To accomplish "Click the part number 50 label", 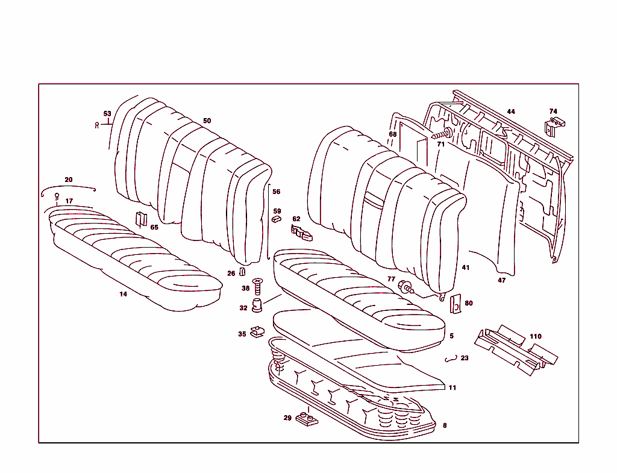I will coord(207,121).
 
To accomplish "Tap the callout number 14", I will coord(123,294).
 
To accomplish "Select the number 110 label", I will coord(535,336).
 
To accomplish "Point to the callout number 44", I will coord(511,111).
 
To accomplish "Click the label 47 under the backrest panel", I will coord(501,280).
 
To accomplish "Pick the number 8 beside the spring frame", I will coord(445,425).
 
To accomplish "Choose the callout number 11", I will coord(452,387).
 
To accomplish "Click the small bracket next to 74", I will coord(554,127).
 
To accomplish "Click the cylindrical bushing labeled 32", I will coord(257,306).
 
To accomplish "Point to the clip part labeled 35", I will coord(258,331).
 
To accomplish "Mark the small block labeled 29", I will coord(307,419).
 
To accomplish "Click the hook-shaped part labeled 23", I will coord(449,359).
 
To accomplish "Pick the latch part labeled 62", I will coord(302,232).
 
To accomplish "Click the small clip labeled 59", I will coord(277,221).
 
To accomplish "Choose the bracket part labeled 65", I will coord(140,219).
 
